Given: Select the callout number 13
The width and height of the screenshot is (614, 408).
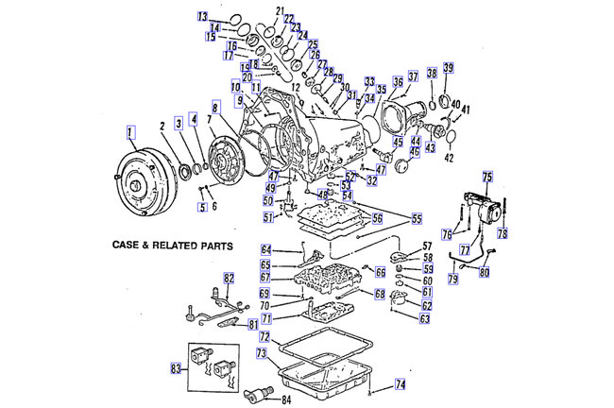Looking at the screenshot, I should [202, 17].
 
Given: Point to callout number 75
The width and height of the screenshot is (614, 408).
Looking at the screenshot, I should [487, 177].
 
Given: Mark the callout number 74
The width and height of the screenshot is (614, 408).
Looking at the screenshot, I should [400, 384].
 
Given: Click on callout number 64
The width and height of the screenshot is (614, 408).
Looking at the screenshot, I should [266, 249].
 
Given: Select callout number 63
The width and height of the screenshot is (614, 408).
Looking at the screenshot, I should [425, 318].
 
